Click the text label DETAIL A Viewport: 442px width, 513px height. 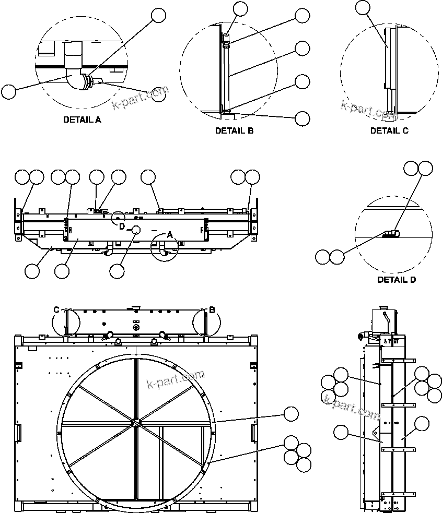(x=82, y=120)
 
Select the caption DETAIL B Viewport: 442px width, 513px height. (x=234, y=131)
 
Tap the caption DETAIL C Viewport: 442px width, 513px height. (x=389, y=131)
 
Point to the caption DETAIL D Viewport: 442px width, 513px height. (x=397, y=280)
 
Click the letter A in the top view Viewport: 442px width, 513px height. (x=170, y=235)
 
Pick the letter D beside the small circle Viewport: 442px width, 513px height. (x=121, y=226)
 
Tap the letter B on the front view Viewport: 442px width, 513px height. (x=212, y=310)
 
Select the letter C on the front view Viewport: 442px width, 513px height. (x=57, y=309)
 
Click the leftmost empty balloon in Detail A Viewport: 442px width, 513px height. (x=8, y=92)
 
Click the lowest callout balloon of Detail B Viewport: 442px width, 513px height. (x=302, y=118)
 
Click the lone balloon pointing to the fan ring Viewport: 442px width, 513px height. (x=290, y=414)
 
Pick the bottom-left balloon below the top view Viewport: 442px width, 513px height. (x=32, y=271)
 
